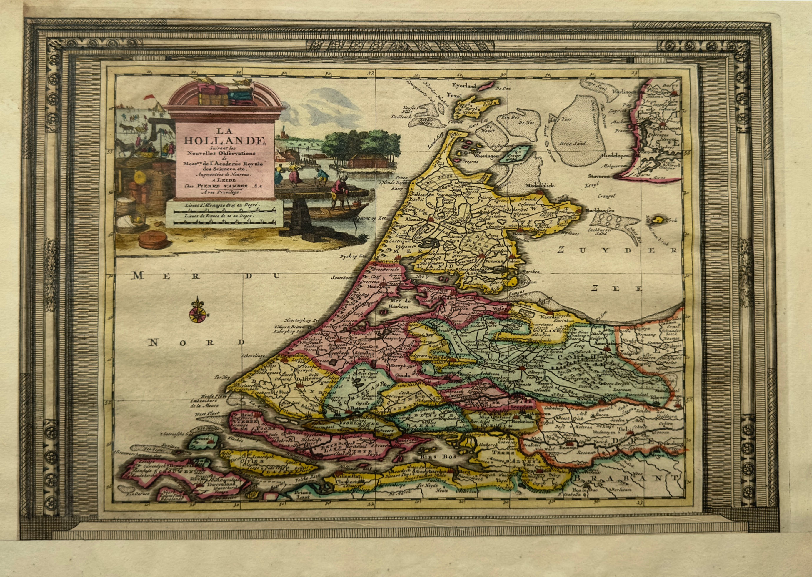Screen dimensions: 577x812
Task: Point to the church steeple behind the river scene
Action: [284, 132]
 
